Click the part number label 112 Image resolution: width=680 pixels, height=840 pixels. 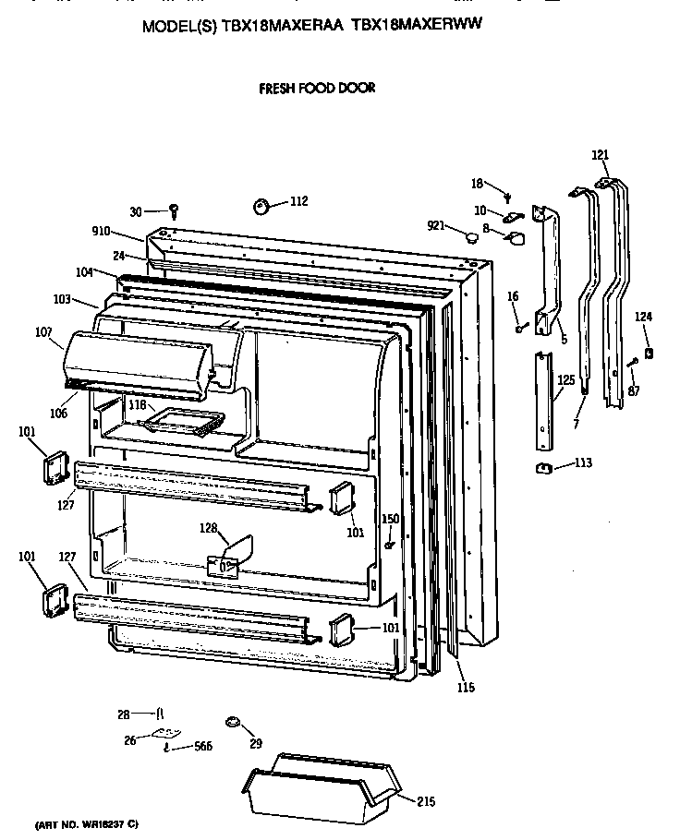(x=298, y=201)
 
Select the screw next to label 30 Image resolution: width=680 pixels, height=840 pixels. (x=172, y=212)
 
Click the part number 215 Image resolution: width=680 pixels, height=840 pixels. (x=425, y=802)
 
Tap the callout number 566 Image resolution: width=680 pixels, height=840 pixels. (x=200, y=747)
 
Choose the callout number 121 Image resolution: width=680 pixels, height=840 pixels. (x=601, y=155)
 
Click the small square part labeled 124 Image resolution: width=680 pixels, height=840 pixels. (x=650, y=354)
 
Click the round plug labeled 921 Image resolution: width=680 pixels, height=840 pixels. (x=473, y=236)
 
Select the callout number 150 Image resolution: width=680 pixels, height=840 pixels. (x=391, y=519)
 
